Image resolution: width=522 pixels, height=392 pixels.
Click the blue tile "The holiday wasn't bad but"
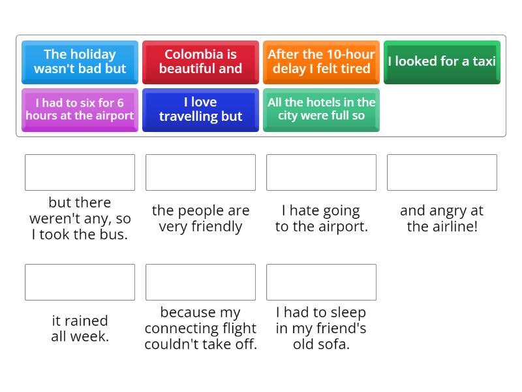[x=80, y=61]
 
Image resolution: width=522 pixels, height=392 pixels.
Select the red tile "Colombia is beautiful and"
[x=200, y=61]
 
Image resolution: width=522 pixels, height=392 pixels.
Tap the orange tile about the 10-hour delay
[x=321, y=61]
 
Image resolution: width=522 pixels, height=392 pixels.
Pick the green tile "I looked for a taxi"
[x=442, y=61]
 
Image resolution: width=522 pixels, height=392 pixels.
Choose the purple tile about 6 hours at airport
[x=80, y=109]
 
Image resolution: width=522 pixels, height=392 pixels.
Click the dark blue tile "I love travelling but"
[x=200, y=109]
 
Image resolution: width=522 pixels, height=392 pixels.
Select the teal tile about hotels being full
[x=321, y=109]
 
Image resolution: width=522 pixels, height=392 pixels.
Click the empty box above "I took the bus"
[x=80, y=172]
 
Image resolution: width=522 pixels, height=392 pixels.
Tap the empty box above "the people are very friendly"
[x=200, y=172]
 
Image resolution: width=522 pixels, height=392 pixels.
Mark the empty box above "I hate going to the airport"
[x=321, y=172]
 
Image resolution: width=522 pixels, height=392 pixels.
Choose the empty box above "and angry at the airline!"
[x=442, y=172]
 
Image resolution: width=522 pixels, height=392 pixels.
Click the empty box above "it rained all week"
[x=80, y=282]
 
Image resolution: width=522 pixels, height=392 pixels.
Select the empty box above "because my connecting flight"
[x=200, y=282]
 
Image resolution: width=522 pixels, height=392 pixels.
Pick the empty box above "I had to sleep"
[x=321, y=282]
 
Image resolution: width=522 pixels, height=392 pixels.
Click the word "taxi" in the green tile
[x=484, y=61]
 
